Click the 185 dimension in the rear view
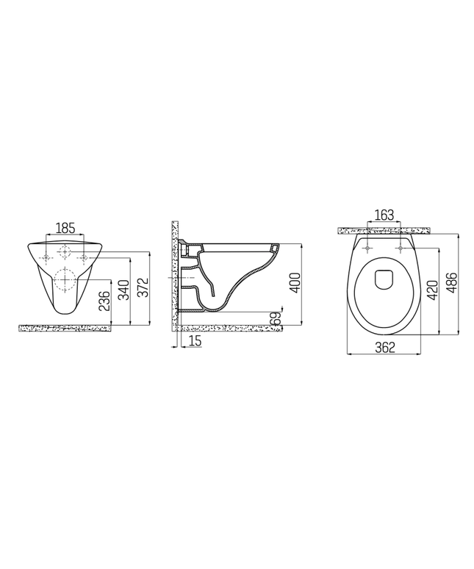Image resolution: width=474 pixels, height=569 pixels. coord(65,228)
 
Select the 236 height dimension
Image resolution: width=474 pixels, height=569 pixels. coord(104,302)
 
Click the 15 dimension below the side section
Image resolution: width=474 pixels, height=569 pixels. coord(195,340)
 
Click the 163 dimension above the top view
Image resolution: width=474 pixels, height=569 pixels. coord(384,215)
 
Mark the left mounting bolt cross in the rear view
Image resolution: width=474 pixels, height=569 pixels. coord(48,257)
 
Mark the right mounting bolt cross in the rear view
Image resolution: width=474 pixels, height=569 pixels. coord(84,257)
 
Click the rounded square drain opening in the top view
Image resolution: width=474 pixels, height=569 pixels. coord(384,279)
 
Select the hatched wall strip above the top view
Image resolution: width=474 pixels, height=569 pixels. coord(384,230)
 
